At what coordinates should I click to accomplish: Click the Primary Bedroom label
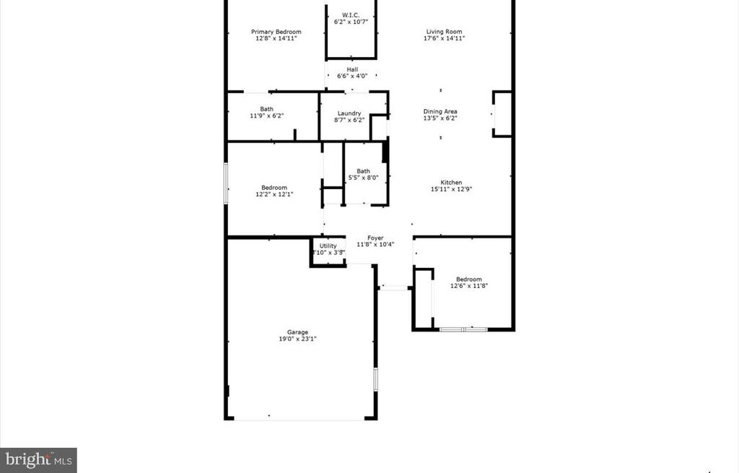tap(276, 32)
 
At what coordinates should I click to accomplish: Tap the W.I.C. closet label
tap(351, 14)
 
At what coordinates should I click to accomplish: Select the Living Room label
tap(444, 32)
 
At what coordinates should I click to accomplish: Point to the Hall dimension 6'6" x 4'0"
tap(352, 76)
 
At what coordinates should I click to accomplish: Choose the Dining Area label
tap(440, 112)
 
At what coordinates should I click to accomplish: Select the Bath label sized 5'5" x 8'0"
tap(363, 171)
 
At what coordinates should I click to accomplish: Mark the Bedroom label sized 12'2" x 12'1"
tap(274, 188)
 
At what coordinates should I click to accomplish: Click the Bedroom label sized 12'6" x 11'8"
tap(468, 279)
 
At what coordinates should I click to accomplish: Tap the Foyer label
tap(375, 238)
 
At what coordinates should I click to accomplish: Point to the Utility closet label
tap(328, 246)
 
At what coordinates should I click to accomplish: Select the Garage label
tap(297, 333)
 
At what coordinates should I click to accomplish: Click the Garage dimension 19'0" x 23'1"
tap(297, 339)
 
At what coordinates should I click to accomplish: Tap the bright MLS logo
tap(39, 459)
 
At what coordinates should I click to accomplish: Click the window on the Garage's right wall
tap(375, 379)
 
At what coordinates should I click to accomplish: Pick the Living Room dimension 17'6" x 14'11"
tap(444, 38)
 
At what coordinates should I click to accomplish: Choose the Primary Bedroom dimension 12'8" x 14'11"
tap(276, 38)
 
